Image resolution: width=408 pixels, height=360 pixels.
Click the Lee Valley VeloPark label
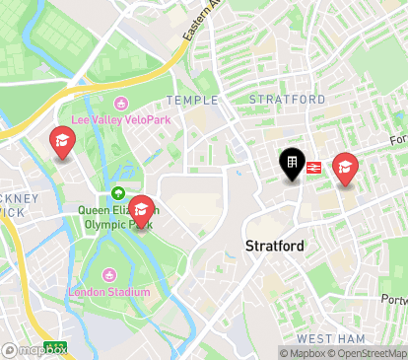(x=120, y=120)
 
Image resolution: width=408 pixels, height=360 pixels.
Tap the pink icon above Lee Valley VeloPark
(x=121, y=103)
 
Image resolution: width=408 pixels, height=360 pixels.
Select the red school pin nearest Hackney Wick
(x=61, y=144)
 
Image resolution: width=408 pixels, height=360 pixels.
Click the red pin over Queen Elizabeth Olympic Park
(x=142, y=211)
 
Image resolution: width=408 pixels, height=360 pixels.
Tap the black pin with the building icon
(x=293, y=164)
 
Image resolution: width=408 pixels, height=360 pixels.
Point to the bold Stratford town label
(x=274, y=245)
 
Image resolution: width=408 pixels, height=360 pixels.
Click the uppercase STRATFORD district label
(x=287, y=100)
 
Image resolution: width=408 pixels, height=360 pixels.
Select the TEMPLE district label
(x=191, y=101)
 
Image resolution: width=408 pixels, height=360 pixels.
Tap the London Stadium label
(x=109, y=292)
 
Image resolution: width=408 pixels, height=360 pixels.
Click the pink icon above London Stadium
(x=108, y=274)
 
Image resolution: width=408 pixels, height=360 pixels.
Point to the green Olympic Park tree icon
(x=118, y=193)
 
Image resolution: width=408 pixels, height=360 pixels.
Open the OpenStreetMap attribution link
(x=370, y=353)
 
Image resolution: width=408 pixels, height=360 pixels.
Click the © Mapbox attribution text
(x=305, y=353)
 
